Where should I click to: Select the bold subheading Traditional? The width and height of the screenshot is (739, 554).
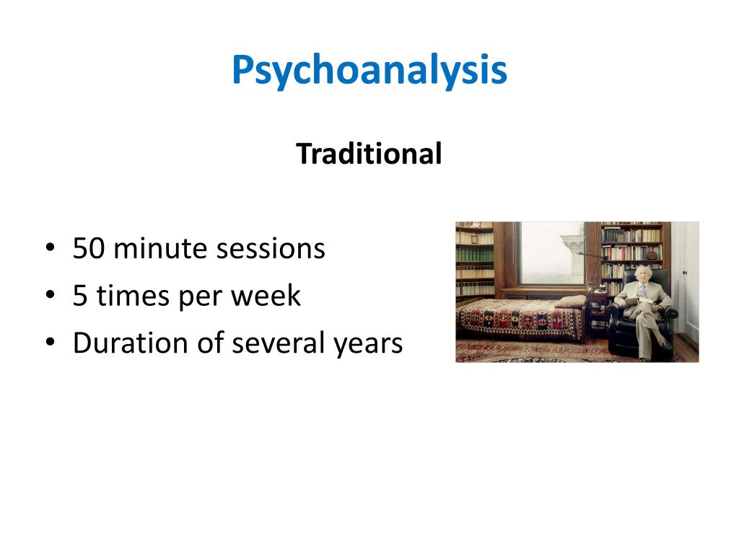[369, 154]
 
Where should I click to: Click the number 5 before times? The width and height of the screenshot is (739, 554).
[80, 296]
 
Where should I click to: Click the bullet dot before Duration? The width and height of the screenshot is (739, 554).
[49, 343]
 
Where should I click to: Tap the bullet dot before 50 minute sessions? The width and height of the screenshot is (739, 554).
[49, 250]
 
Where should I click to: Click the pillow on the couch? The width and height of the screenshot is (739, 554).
[571, 302]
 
